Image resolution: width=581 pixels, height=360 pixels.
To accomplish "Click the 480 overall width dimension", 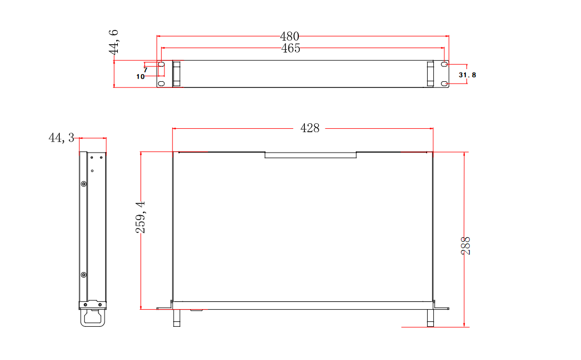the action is (x=289, y=36).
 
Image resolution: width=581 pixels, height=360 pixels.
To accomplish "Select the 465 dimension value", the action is (x=290, y=48).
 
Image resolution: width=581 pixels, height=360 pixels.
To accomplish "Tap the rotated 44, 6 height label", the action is (x=114, y=42).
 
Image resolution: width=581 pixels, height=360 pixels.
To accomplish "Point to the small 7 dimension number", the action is (x=146, y=70).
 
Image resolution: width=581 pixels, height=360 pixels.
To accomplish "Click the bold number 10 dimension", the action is (x=141, y=77).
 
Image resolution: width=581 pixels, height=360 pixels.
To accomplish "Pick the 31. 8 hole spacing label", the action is (x=467, y=75).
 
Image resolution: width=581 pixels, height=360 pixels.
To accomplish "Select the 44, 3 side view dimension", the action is (x=61, y=138).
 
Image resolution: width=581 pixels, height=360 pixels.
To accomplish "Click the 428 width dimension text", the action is (x=310, y=128).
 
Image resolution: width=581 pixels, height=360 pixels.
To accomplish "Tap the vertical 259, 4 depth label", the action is (x=141, y=217).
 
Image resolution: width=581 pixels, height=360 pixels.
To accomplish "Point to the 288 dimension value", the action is (x=466, y=246).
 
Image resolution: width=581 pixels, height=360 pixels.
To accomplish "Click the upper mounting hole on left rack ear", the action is (x=162, y=65).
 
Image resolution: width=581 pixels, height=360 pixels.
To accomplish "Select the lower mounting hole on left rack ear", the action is (x=161, y=84).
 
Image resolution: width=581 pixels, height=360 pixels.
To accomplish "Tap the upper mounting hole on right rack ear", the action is (x=444, y=65).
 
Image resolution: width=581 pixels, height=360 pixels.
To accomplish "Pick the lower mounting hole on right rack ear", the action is (x=444, y=84).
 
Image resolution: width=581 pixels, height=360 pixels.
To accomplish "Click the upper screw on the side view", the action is (x=84, y=184).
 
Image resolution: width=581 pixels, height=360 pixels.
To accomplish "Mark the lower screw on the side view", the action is (x=84, y=275).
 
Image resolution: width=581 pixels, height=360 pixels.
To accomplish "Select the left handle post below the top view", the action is (x=177, y=318).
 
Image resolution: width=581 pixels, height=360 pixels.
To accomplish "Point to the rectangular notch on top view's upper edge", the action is (x=310, y=155).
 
